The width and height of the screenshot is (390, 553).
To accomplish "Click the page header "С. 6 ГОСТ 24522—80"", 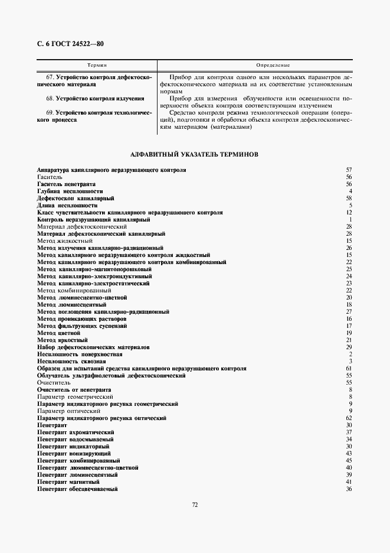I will coord(70,43).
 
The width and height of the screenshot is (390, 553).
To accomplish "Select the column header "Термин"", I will coord(96,65).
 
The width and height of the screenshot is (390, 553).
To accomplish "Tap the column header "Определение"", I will coord(273,65).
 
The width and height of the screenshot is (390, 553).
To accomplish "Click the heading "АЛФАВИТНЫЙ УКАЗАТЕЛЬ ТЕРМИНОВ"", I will coord(194,154).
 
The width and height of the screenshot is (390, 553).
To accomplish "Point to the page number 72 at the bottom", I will coord(195,504).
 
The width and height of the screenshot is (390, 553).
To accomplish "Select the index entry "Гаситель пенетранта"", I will coord(66,184).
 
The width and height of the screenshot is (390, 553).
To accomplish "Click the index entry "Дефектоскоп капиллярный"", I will coord(76,199).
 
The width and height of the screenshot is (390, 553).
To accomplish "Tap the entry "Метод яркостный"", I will coord(62,340).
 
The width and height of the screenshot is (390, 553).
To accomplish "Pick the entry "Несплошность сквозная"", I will coord(71,362).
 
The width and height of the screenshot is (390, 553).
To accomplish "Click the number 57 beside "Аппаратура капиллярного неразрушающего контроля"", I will coord(349,170).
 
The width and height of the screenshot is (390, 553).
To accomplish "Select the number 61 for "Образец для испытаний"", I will coord(349,369).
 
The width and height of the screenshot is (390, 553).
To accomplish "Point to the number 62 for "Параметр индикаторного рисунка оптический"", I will coord(349,418).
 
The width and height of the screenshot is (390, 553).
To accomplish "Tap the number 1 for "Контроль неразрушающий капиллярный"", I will coord(350,220).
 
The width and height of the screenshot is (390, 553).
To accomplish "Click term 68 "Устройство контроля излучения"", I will coord(95,99).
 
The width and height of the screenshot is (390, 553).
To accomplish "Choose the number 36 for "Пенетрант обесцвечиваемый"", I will coord(349,489).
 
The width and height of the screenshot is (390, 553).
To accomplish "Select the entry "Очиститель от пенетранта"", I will coord(74,390).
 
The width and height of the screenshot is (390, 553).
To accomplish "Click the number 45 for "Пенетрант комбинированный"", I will coord(349,461).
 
